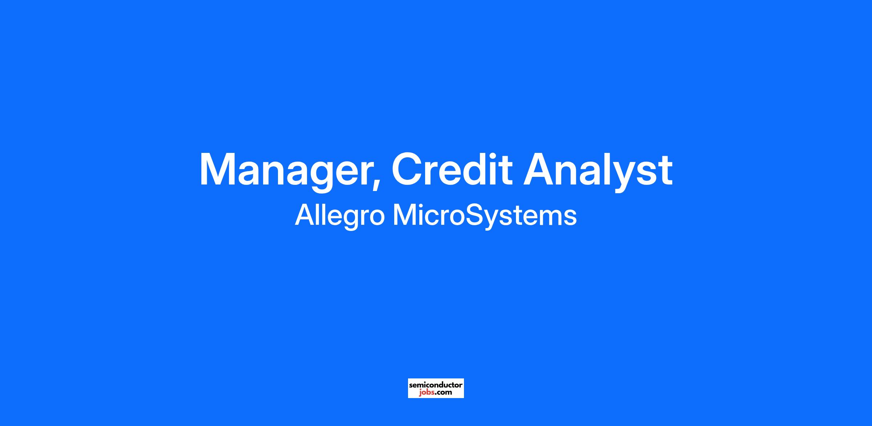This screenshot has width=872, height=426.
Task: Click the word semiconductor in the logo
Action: click(x=436, y=385)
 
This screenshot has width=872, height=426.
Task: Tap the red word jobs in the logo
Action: click(x=426, y=392)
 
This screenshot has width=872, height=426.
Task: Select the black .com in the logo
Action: click(x=443, y=393)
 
